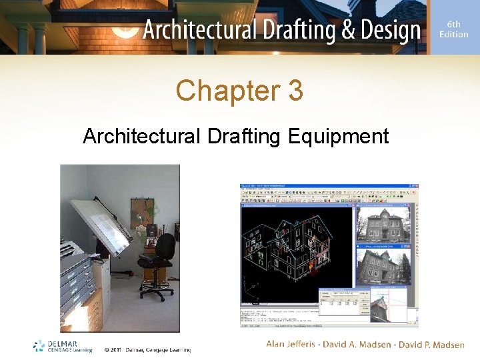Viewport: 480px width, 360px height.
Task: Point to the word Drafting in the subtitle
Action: [245, 137]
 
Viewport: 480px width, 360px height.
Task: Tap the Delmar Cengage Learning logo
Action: [63, 346]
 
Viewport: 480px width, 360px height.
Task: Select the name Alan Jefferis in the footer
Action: [293, 344]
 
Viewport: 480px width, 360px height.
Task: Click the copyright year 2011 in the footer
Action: [118, 349]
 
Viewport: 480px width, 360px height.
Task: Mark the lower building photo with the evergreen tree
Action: [385, 267]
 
